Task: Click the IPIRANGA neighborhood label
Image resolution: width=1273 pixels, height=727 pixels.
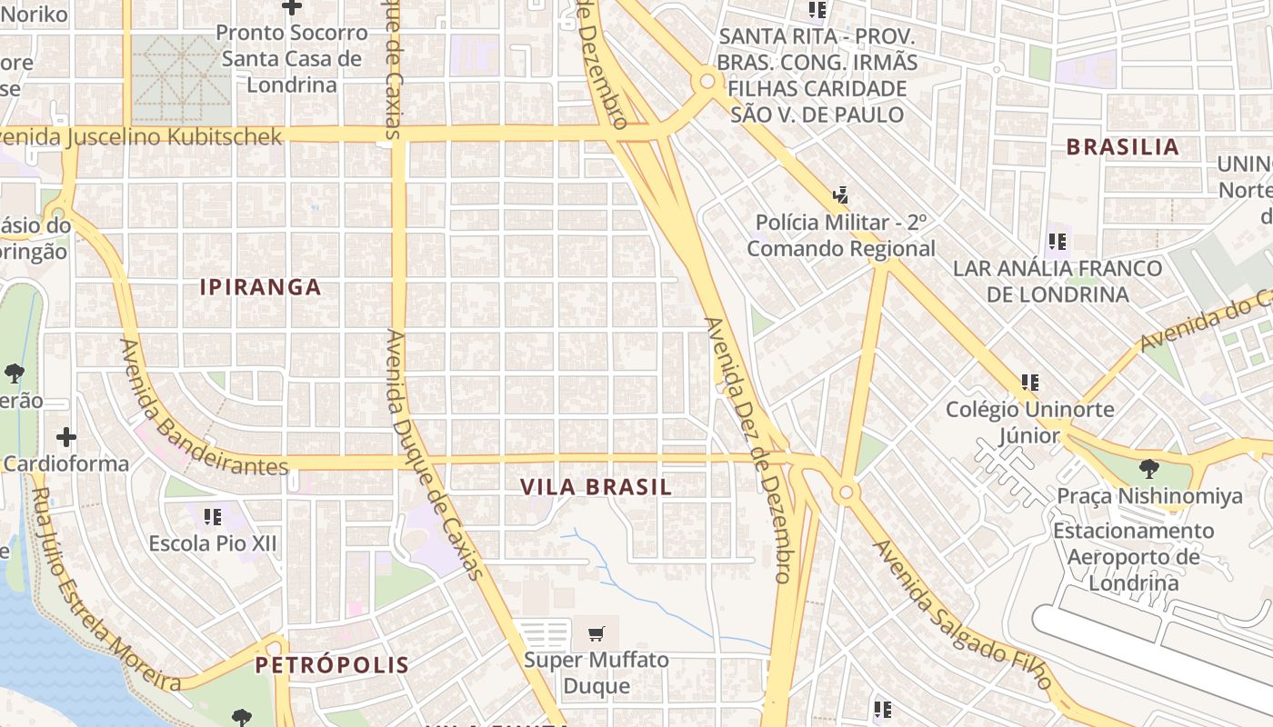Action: point(261,287)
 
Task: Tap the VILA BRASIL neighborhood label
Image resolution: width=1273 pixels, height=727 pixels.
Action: point(596,487)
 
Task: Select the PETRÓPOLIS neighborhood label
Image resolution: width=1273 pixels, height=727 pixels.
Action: point(332,665)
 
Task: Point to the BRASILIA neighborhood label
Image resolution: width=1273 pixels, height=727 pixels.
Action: point(1122,147)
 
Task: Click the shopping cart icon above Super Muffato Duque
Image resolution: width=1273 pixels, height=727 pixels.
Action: point(596,633)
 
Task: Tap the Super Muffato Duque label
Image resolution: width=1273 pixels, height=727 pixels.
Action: point(596,672)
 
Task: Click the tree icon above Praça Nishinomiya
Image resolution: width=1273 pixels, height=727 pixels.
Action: point(1149,469)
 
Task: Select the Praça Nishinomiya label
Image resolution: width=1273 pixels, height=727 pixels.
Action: point(1149,496)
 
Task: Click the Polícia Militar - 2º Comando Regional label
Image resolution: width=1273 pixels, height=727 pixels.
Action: point(841,235)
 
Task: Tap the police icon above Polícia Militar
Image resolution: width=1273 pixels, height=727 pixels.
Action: point(840,194)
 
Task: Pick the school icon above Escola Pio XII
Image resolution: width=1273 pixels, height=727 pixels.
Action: point(213,517)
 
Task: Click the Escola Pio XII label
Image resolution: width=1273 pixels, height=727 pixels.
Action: point(213,544)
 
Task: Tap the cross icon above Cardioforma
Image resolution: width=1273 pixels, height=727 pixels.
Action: point(65,437)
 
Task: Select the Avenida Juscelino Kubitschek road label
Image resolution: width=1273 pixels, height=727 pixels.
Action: point(141,136)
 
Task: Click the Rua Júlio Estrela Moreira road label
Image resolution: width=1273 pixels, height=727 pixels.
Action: point(105,592)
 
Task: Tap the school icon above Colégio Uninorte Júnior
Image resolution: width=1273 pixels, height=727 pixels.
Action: point(1029,383)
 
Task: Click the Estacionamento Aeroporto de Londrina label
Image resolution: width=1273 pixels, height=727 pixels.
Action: point(1134,556)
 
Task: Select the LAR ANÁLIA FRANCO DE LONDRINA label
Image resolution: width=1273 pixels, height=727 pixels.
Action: point(1057,281)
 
